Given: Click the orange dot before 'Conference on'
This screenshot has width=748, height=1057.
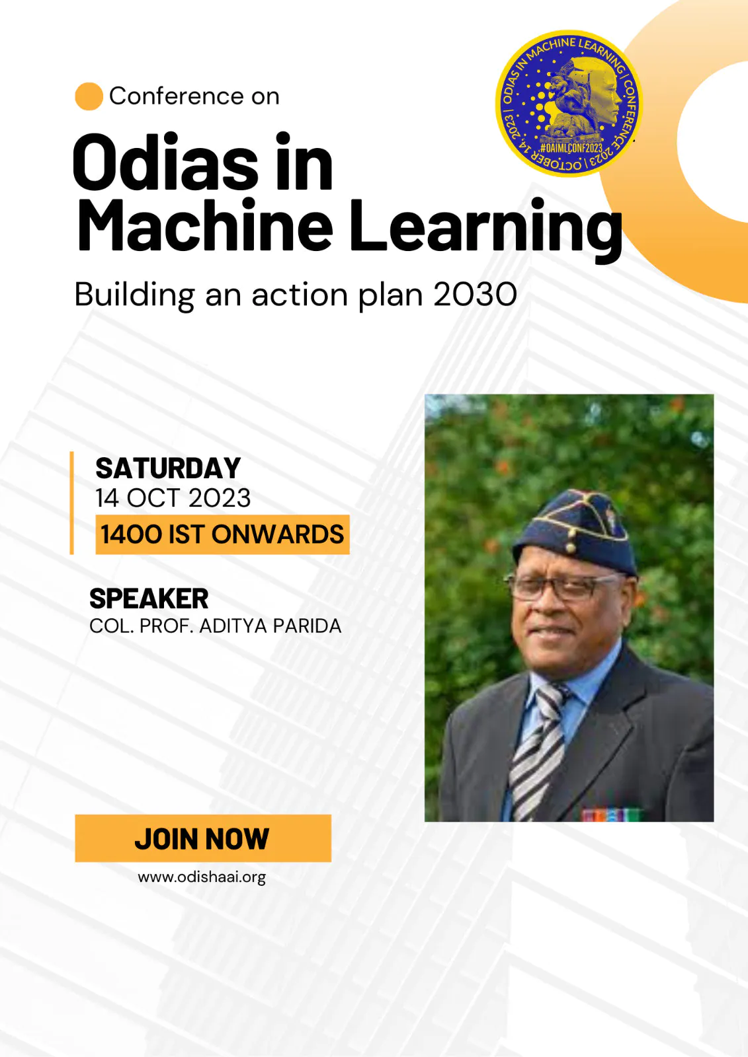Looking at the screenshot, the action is coord(89,96).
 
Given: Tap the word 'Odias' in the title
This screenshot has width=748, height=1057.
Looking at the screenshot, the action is coord(165,162).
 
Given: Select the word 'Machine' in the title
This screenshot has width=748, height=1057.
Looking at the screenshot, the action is coord(205,225).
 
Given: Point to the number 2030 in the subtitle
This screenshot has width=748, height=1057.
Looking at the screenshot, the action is coord(475,295).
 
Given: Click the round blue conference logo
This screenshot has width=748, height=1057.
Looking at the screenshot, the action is coord(569,104).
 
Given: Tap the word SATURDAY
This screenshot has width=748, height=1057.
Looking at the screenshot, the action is coord(168,468).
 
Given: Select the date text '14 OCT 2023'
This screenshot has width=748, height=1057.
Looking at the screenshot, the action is coord(173,498).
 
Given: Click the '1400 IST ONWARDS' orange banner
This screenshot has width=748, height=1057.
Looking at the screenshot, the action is coord(223,534).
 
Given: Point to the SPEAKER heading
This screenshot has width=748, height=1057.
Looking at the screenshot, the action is coord(149,599).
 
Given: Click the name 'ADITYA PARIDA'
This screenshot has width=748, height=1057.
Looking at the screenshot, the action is coord(270,626).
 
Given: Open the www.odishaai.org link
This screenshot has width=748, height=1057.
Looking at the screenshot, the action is coord(202,877).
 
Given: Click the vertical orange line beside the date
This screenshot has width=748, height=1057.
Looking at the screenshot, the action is coord(72,503).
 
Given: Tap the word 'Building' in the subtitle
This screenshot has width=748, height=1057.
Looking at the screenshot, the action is coord(135,295).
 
